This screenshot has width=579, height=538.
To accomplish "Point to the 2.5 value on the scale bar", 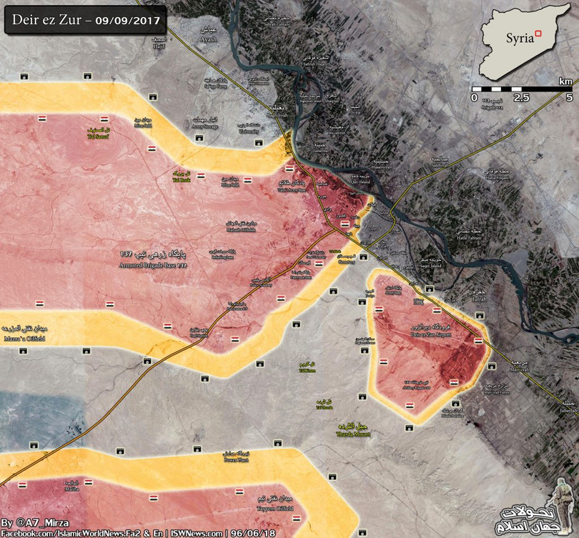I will tap(521, 96).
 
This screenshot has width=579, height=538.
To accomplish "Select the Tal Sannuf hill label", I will tap(99, 133).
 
